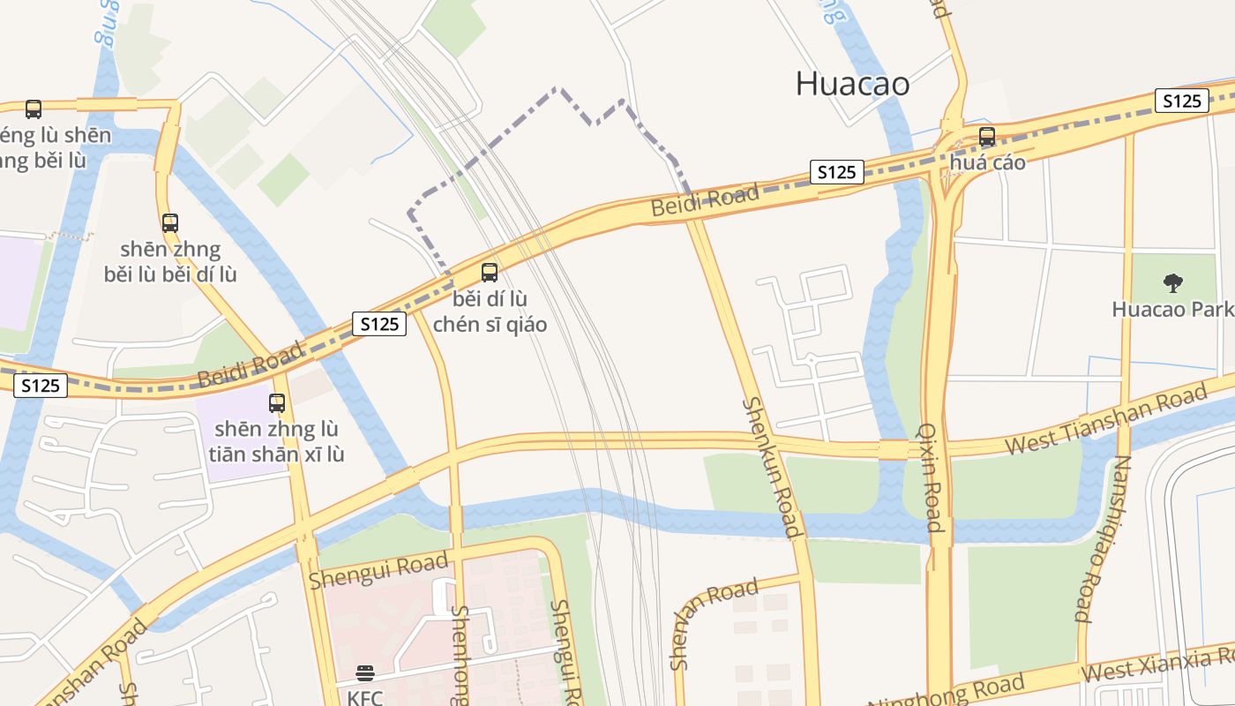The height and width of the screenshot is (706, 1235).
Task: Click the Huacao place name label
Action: pyautogui.click(x=852, y=84)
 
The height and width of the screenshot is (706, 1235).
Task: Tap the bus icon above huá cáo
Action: pyautogui.click(x=987, y=137)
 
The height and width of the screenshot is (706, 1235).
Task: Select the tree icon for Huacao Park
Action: pyautogui.click(x=1172, y=283)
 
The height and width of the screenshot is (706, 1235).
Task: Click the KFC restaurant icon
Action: pyautogui.click(x=365, y=674)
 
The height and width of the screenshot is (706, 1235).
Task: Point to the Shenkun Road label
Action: pyautogui.click(x=773, y=467)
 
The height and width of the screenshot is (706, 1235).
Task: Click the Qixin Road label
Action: pyautogui.click(x=932, y=477)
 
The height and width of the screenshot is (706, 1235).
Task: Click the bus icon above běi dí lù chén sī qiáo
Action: pyautogui.click(x=490, y=273)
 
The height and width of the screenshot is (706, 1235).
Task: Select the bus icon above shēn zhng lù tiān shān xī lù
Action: pyautogui.click(x=277, y=403)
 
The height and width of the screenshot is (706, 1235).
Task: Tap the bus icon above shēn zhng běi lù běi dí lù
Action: pyautogui.click(x=170, y=222)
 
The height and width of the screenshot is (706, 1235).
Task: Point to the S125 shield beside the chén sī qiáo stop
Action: pyautogui.click(x=380, y=324)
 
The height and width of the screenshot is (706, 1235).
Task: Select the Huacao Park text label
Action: pyautogui.click(x=1171, y=310)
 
